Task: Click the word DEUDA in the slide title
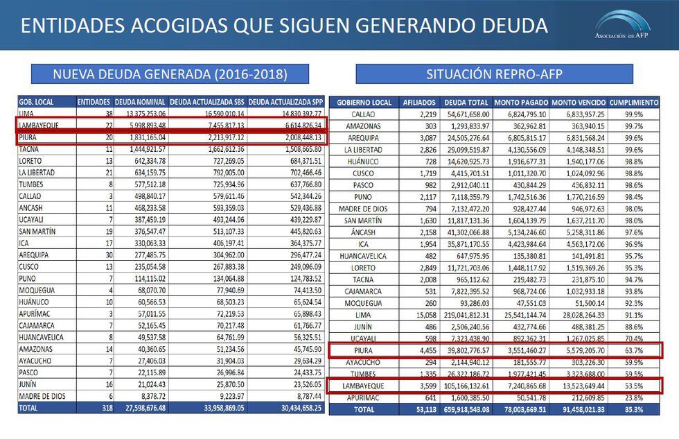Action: tap(510, 26)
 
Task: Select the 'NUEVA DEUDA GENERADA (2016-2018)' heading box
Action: tap(170, 74)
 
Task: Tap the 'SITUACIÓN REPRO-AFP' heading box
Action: tap(494, 74)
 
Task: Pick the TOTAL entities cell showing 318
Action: tap(103, 408)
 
